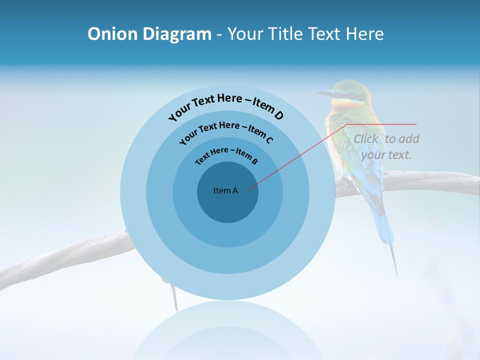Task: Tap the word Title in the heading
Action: [x=285, y=34]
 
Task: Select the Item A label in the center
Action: [x=225, y=190]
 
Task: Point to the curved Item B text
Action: [x=226, y=155]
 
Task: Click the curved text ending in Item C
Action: [x=226, y=131]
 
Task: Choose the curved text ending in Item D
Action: [x=226, y=105]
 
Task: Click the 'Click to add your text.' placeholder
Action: [x=386, y=146]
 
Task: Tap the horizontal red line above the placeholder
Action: [x=382, y=124]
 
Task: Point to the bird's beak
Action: [x=325, y=93]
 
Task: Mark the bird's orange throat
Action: [x=345, y=106]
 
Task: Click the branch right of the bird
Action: [x=435, y=182]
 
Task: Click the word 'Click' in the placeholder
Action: [x=366, y=139]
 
